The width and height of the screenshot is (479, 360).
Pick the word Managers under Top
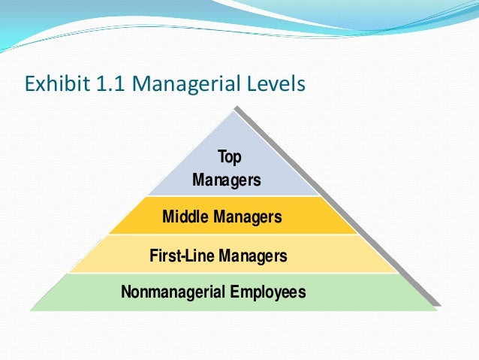pyautogui.click(x=227, y=180)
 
